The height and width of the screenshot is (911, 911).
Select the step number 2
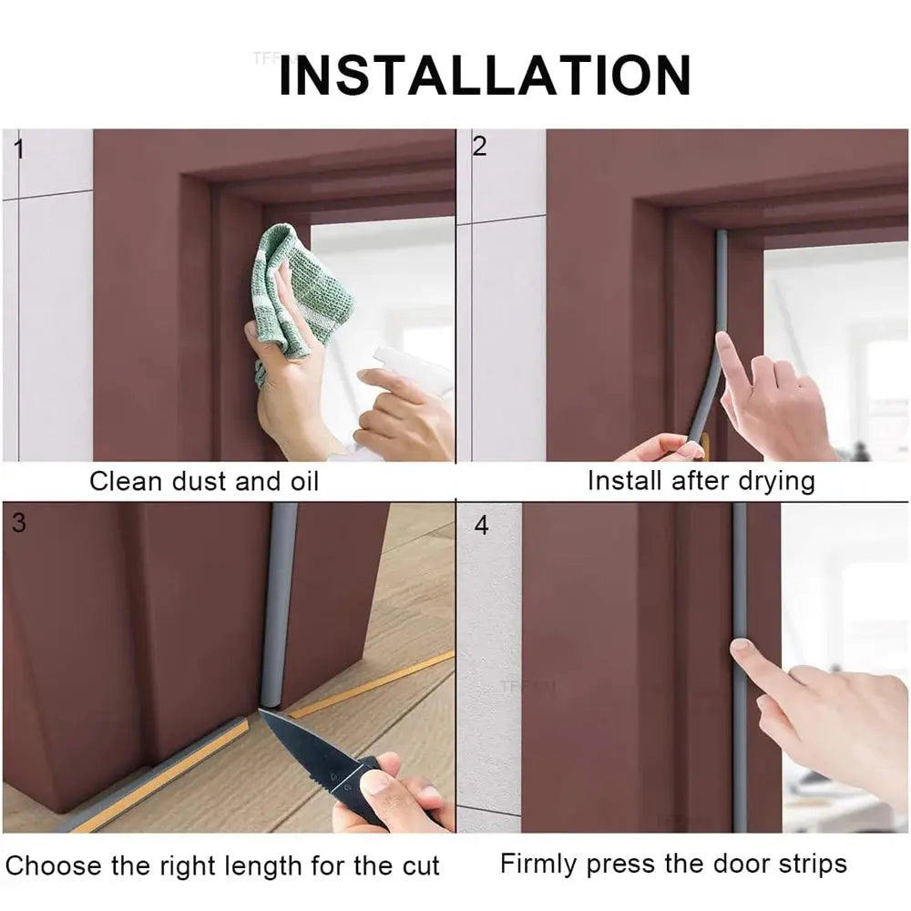(x=479, y=146)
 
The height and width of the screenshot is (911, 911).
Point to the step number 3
(x=19, y=523)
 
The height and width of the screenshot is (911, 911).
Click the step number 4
(x=481, y=526)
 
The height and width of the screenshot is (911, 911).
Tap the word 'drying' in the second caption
(x=773, y=480)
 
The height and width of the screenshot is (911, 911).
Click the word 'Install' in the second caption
(x=625, y=480)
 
